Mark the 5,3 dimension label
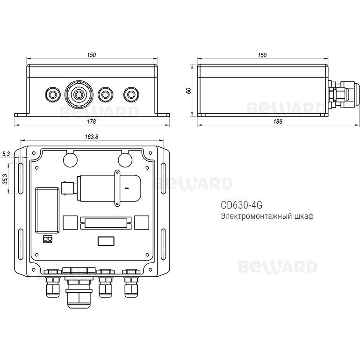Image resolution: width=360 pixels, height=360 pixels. [5, 154]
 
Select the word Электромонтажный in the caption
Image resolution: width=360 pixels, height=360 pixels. [252, 216]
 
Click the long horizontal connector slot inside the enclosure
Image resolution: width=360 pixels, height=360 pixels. [104, 223]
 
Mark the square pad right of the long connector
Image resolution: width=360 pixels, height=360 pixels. [141, 222]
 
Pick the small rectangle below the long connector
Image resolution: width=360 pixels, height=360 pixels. [105, 241]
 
